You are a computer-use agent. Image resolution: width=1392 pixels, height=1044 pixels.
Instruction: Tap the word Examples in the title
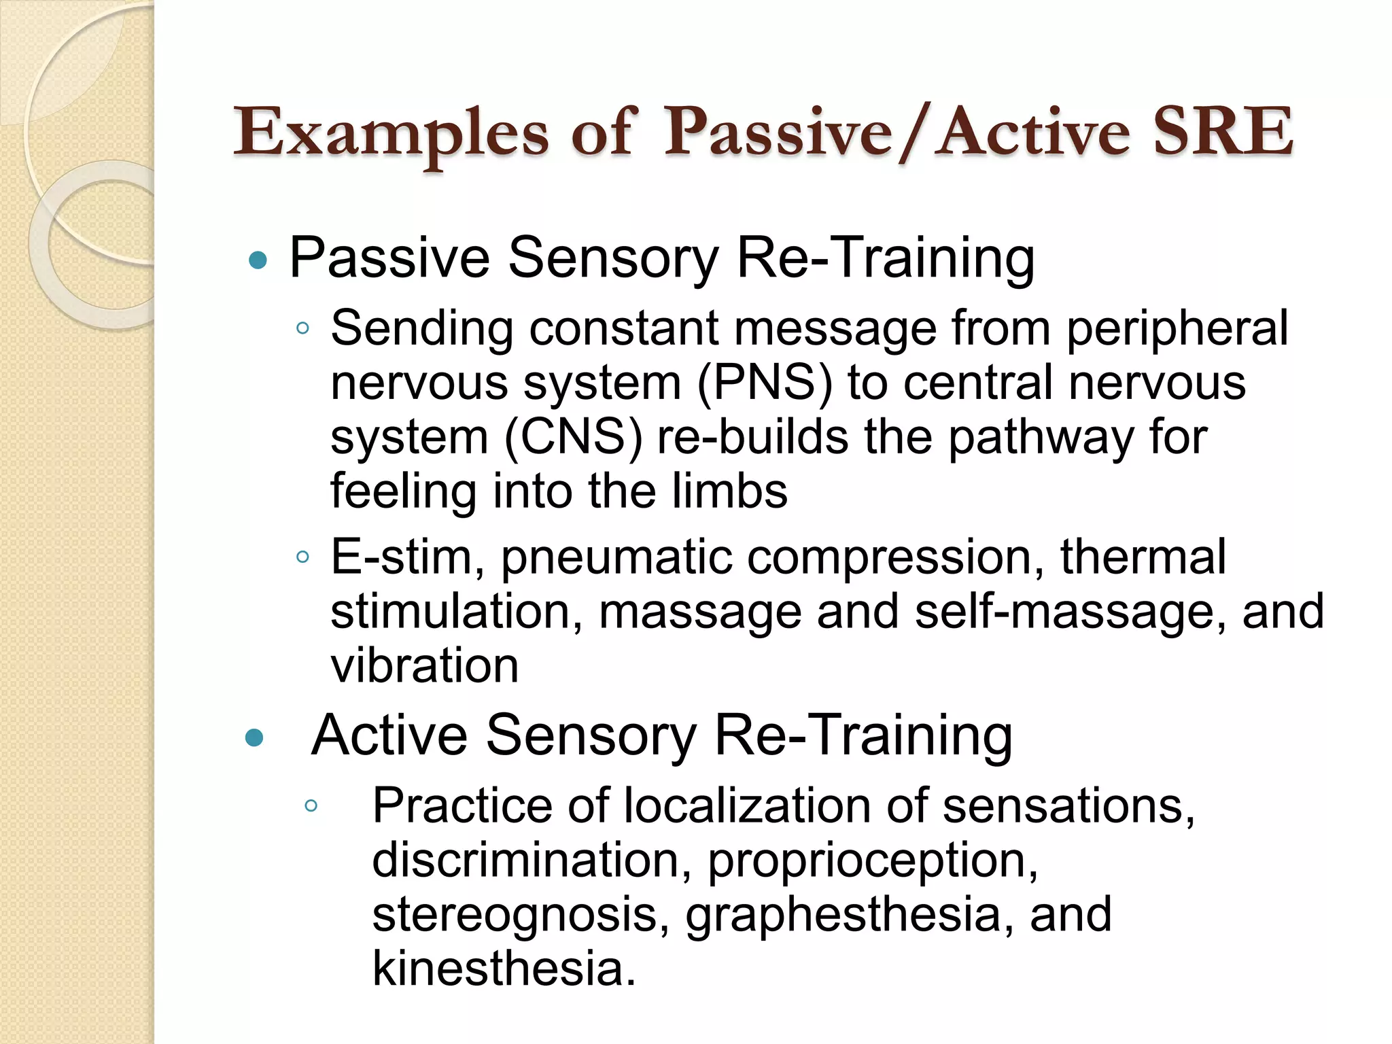tap(391, 133)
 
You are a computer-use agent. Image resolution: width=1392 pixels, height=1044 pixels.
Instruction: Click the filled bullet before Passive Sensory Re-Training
tap(258, 260)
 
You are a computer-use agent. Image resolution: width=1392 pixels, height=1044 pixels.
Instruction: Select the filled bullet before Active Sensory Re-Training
tap(254, 737)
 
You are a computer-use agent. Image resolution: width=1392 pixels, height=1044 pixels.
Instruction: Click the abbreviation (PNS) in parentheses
tap(765, 383)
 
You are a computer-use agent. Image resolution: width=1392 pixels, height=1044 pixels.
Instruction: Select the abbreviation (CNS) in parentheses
tap(573, 437)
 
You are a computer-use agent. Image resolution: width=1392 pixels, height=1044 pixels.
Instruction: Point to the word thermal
tap(1143, 557)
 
